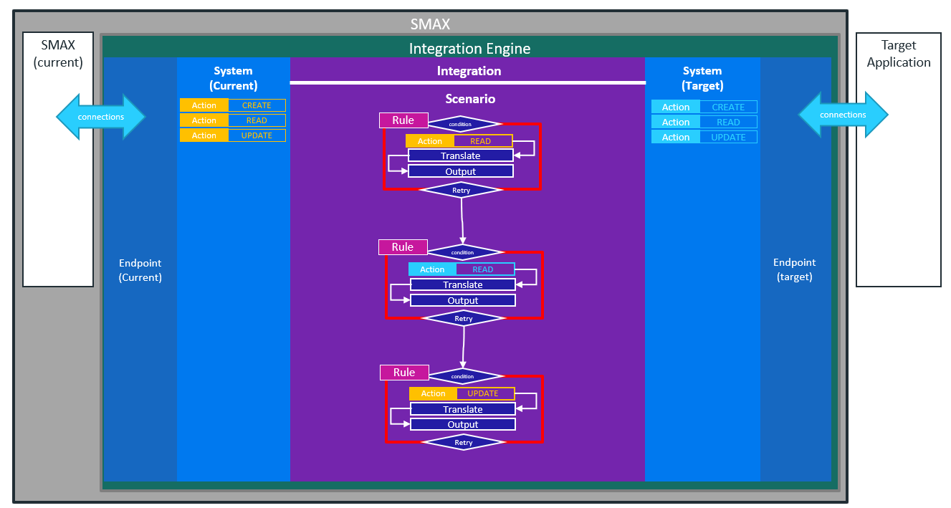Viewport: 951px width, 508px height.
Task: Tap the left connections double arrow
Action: click(x=101, y=117)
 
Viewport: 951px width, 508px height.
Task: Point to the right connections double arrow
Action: click(x=843, y=115)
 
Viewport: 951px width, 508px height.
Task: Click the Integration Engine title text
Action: click(x=469, y=49)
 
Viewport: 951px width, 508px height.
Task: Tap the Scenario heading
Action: click(x=469, y=99)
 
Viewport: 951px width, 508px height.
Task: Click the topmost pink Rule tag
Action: click(x=403, y=120)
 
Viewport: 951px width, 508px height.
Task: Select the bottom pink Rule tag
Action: click(x=403, y=373)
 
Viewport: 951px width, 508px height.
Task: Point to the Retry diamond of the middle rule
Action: click(x=464, y=318)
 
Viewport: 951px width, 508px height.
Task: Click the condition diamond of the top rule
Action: click(x=461, y=124)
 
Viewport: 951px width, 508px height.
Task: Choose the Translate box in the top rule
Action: click(x=461, y=155)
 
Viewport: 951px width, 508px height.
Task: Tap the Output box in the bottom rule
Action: click(x=463, y=424)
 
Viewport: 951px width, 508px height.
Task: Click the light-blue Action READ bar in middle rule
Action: click(x=462, y=269)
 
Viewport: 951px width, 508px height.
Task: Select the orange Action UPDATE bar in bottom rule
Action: click(x=462, y=393)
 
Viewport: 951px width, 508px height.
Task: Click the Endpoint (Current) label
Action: click(x=140, y=270)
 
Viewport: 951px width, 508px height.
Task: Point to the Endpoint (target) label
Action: click(x=795, y=270)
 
